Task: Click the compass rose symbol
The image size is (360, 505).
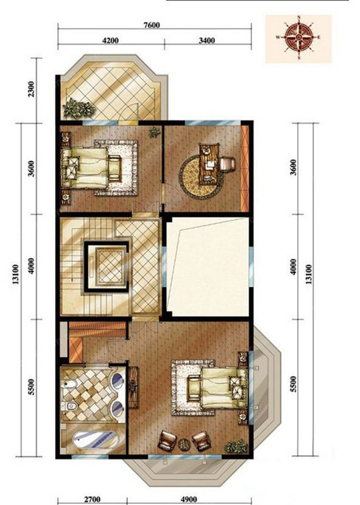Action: click(299, 37)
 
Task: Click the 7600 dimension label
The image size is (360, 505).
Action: click(152, 25)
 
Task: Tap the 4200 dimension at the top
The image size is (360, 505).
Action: click(110, 40)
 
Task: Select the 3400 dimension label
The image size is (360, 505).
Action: click(206, 40)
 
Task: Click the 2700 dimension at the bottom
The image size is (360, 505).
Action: click(92, 500)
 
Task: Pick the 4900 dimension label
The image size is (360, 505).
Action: click(189, 500)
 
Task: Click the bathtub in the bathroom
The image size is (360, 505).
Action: click(95, 439)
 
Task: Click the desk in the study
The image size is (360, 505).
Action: click(209, 164)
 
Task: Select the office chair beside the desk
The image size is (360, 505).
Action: click(228, 163)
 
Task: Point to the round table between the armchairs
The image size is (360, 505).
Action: click(184, 444)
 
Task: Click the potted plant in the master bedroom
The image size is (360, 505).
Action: click(236, 447)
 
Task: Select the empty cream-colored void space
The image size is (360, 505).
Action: click(208, 267)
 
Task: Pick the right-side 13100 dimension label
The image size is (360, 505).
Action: click(308, 274)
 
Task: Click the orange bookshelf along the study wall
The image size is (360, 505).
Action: click(245, 168)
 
